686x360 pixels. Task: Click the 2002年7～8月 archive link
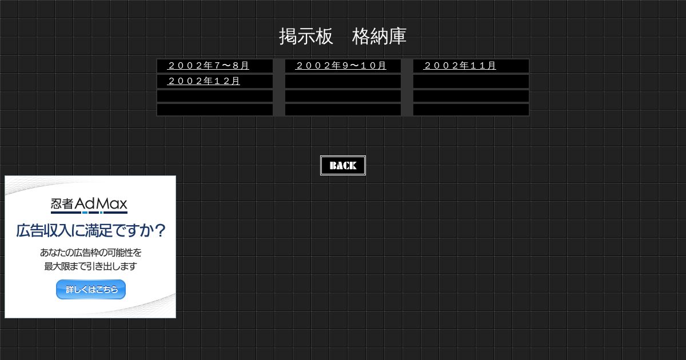click(x=208, y=66)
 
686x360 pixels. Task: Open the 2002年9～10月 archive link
click(x=341, y=66)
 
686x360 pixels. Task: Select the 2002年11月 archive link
click(x=460, y=66)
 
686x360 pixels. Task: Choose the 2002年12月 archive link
click(x=204, y=81)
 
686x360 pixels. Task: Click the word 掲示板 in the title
click(x=306, y=37)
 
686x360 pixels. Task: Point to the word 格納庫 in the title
click(x=379, y=37)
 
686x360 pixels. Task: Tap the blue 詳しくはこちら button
click(x=91, y=289)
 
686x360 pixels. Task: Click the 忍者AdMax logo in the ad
click(x=89, y=205)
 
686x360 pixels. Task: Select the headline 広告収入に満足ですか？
click(x=91, y=230)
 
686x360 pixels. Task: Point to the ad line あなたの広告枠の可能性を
click(x=91, y=253)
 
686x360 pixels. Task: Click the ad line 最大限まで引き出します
click(x=91, y=266)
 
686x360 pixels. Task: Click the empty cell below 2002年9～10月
click(x=343, y=82)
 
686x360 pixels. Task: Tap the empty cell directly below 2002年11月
click(x=471, y=82)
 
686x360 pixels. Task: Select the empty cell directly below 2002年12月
click(x=215, y=96)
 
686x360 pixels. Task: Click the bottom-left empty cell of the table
click(x=215, y=110)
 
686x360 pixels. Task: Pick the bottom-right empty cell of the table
click(x=471, y=110)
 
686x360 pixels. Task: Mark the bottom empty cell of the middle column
click(x=343, y=110)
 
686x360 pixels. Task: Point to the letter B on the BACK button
click(x=333, y=166)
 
